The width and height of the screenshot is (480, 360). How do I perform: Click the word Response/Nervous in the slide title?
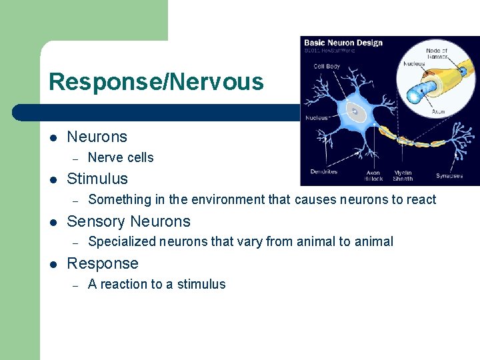pyautogui.click(x=156, y=82)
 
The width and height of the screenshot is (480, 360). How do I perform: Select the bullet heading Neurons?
pyautogui.click(x=97, y=137)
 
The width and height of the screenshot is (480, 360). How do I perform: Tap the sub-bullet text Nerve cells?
pyautogui.click(x=121, y=157)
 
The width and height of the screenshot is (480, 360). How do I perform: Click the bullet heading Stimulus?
pyautogui.click(x=97, y=179)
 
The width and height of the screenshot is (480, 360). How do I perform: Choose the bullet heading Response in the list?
pyautogui.click(x=103, y=263)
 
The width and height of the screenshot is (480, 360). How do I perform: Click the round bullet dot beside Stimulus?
pyautogui.click(x=53, y=179)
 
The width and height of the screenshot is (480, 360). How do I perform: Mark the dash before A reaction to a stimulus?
pyautogui.click(x=76, y=285)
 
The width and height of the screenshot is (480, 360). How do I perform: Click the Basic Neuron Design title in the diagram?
pyautogui.click(x=343, y=43)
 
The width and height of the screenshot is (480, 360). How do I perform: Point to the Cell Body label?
pyautogui.click(x=327, y=66)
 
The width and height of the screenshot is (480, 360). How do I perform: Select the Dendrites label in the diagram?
pyautogui.click(x=323, y=172)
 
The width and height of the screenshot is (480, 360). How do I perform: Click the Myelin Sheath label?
pyautogui.click(x=403, y=175)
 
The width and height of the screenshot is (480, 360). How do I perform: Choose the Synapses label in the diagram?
pyautogui.click(x=449, y=175)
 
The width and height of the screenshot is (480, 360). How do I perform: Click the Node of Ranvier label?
pyautogui.click(x=437, y=53)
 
